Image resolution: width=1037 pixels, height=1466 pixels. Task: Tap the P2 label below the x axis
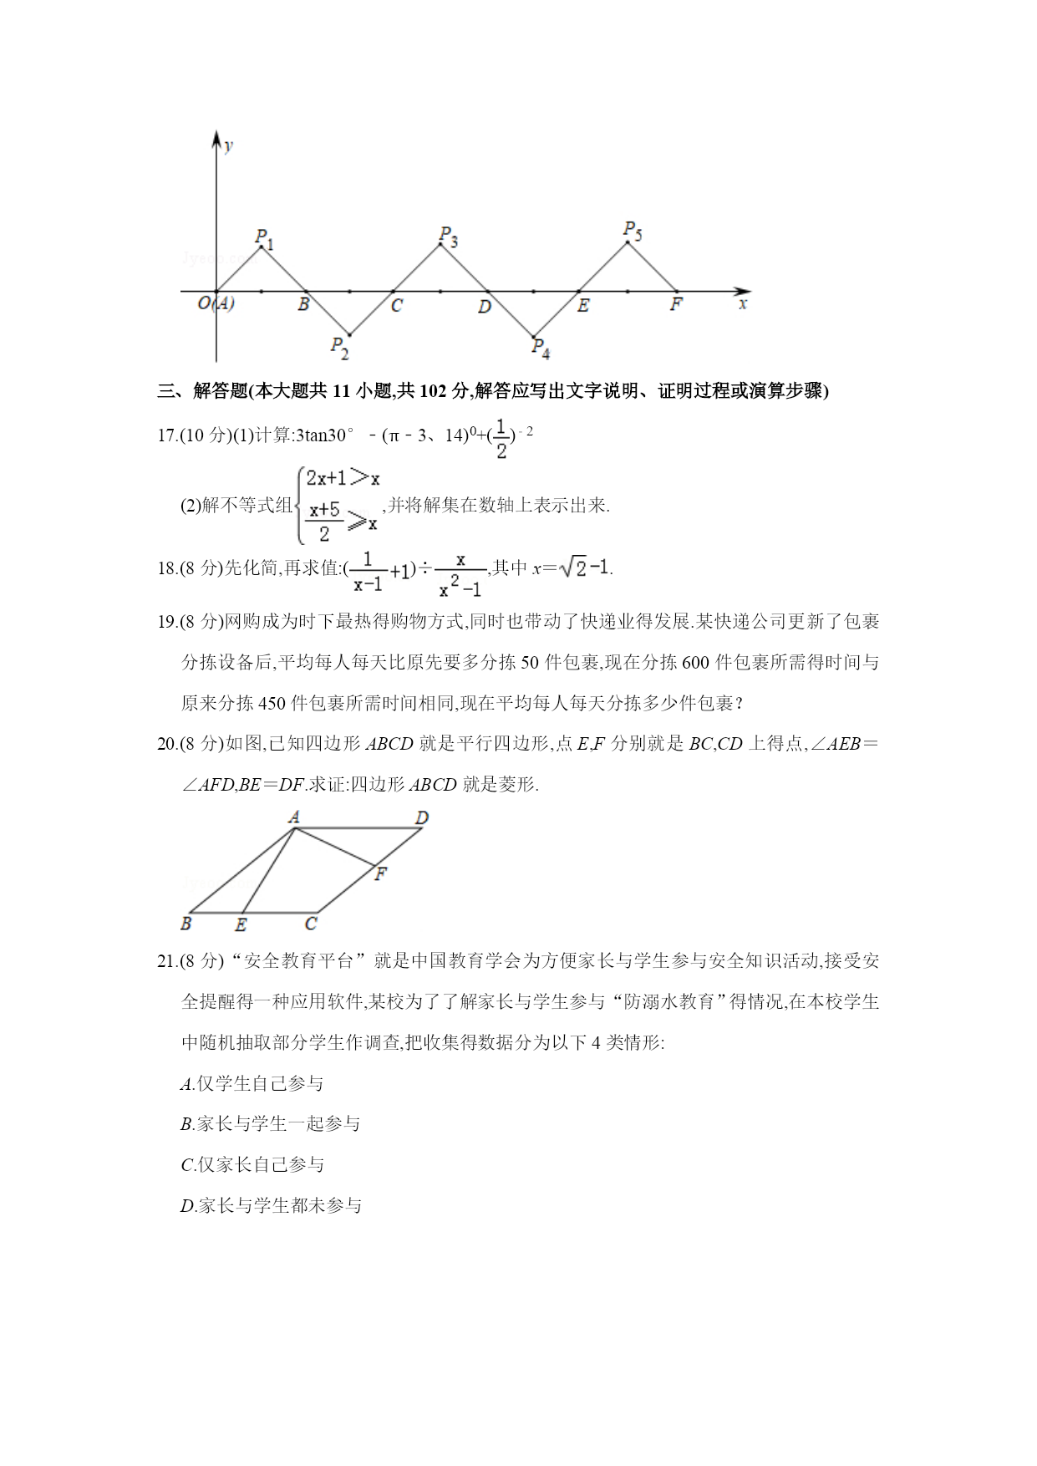click(x=338, y=347)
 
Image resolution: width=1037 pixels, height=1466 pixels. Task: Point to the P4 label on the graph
click(x=541, y=348)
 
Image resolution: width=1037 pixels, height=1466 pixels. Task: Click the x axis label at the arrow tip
click(x=743, y=304)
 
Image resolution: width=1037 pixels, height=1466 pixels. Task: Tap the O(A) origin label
click(x=216, y=303)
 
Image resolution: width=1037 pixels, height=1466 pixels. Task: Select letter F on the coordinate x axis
click(x=676, y=305)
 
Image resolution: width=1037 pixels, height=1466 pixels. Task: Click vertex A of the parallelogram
click(x=294, y=817)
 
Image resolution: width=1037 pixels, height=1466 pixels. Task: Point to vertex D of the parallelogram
click(x=422, y=817)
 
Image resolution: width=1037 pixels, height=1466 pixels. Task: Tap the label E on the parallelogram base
click(x=241, y=924)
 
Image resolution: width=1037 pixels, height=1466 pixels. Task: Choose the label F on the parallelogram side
click(x=381, y=875)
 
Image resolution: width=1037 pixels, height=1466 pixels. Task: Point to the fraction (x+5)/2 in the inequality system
click(x=324, y=521)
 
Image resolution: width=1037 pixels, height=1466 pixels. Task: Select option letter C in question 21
click(x=187, y=1165)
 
